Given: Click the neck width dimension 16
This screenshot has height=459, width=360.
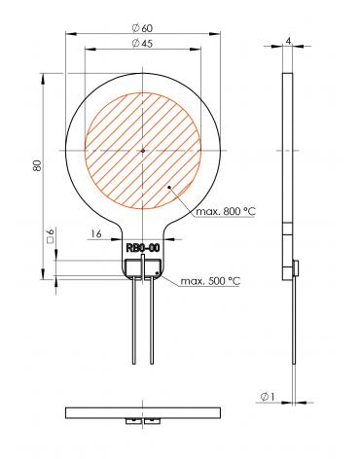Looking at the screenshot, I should click(97, 234).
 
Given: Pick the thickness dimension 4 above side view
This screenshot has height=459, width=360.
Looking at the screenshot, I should click(289, 40).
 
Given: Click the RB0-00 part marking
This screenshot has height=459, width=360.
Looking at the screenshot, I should click(143, 248).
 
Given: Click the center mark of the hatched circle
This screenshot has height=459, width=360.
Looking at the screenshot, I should click(142, 150).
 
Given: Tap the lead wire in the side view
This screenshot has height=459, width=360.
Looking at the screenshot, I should click(293, 331).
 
